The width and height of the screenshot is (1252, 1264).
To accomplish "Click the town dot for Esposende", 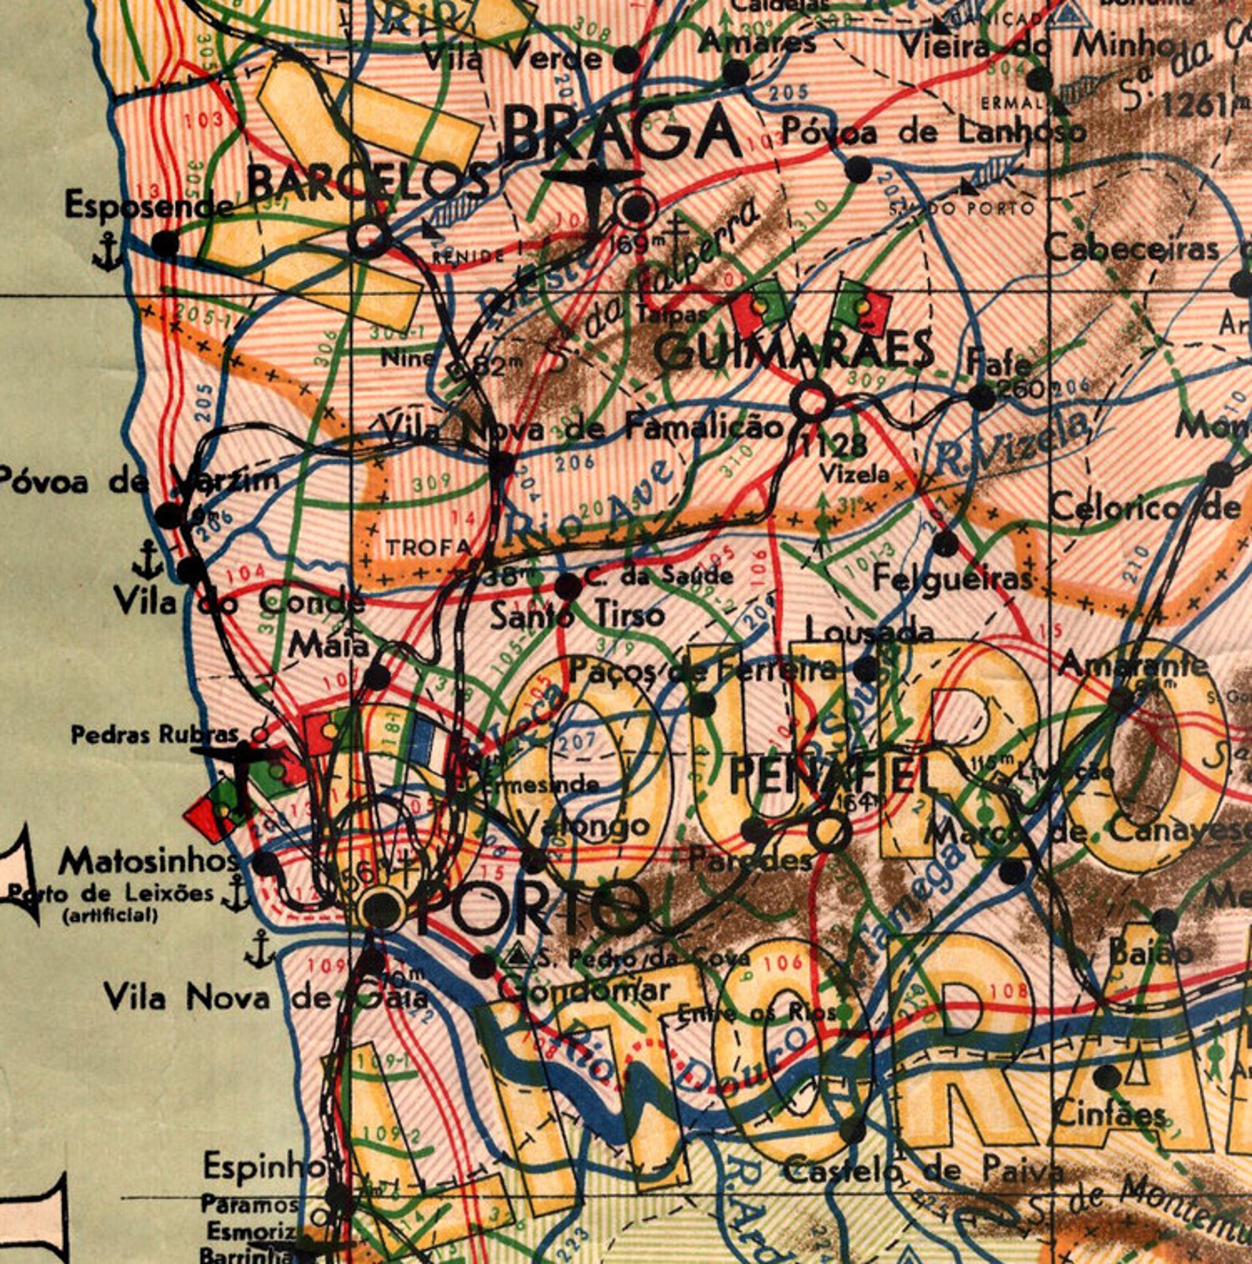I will pyautogui.click(x=165, y=243).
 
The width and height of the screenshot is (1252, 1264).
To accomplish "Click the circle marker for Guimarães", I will pyautogui.click(x=811, y=401).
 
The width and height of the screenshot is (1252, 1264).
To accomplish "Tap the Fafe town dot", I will pyautogui.click(x=982, y=397).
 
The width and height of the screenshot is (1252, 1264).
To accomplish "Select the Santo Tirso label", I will pyautogui.click(x=577, y=615).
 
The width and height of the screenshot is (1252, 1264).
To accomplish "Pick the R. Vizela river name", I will pyautogui.click(x=1009, y=447).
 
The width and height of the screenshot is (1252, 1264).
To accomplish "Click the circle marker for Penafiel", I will pyautogui.click(x=829, y=830).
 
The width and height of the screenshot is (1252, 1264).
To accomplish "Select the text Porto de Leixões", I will pyautogui.click(x=110, y=894).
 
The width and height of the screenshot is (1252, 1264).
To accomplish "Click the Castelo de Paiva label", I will pyautogui.click(x=922, y=1171).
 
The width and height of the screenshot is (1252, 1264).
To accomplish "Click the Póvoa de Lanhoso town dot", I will pyautogui.click(x=858, y=169).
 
